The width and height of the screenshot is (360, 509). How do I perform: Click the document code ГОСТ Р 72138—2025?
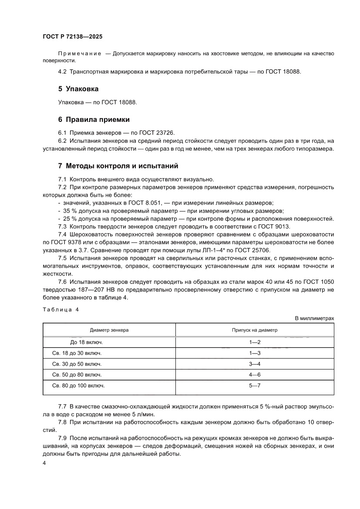tap(72, 37)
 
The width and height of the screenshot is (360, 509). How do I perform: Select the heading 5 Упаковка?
tap(78, 89)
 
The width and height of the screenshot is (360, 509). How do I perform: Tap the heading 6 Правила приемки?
tap(94, 119)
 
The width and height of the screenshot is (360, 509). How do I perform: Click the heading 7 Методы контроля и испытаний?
tap(118, 166)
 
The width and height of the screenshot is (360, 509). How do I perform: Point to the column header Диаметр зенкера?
tap(109, 330)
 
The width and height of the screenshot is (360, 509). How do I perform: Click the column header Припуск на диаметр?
tap(255, 330)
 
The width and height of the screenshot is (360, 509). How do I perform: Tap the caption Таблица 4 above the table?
tap(61, 310)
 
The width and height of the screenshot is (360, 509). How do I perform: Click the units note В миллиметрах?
tap(314, 318)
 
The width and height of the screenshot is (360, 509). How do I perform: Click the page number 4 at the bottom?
tap(44, 464)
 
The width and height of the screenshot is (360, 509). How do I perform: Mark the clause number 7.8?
tap(62, 423)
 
